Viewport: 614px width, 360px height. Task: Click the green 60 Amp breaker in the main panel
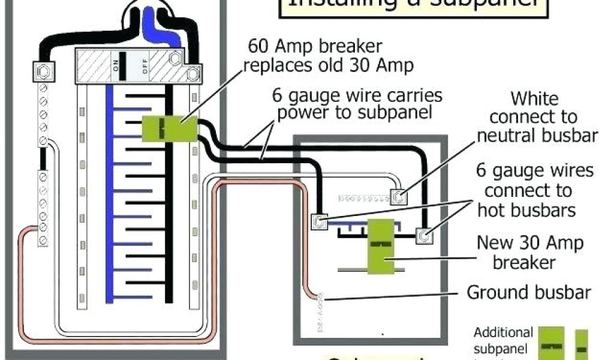coord(170,128)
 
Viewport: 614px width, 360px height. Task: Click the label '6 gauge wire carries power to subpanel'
coord(357,104)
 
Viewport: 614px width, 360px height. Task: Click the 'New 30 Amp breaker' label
coord(529,252)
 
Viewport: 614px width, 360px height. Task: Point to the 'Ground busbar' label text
coord(529,293)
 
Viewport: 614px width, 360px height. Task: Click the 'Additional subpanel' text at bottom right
coord(503,340)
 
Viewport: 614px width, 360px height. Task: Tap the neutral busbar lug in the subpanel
coord(399,196)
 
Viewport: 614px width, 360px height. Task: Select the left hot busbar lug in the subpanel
coord(320,222)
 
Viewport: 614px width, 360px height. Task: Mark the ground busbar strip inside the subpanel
coord(319,312)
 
